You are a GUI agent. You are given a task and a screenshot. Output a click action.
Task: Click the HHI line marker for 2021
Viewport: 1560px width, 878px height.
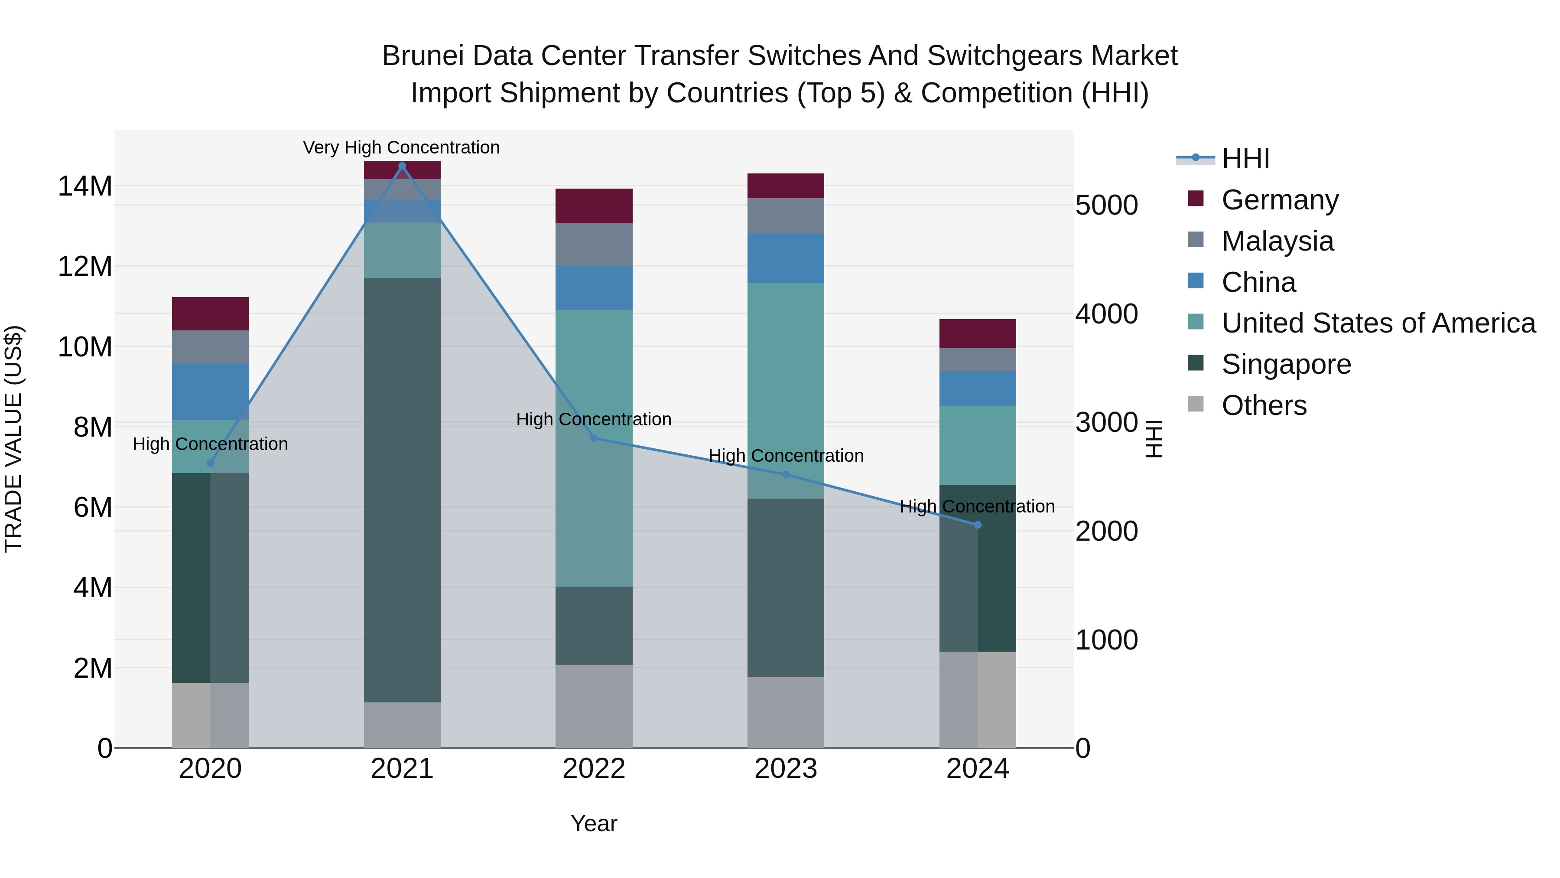pyautogui.click(x=402, y=166)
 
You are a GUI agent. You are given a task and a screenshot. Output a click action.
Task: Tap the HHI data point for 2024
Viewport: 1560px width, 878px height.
pyautogui.click(x=978, y=525)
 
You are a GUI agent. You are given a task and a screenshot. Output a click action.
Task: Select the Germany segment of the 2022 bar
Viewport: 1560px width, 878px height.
pyautogui.click(x=594, y=206)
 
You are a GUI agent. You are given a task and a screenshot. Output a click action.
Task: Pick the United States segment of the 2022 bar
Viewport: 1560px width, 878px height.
pyautogui.click(x=594, y=448)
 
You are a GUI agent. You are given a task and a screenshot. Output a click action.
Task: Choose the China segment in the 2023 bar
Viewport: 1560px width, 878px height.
pyautogui.click(x=786, y=259)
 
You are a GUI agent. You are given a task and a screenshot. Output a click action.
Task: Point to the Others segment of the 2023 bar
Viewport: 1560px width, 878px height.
pyautogui.click(x=786, y=712)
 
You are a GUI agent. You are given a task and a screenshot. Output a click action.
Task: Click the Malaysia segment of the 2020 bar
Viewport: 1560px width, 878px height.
pyautogui.click(x=210, y=347)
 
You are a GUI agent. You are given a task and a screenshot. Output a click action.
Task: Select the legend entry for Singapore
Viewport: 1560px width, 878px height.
pyautogui.click(x=1286, y=365)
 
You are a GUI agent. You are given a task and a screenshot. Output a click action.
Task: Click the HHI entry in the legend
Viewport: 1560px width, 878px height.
pyautogui.click(x=1245, y=159)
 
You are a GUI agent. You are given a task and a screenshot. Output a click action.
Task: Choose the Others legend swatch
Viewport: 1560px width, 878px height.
pyautogui.click(x=1196, y=404)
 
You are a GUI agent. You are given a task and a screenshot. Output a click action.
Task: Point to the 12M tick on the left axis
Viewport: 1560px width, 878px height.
pyautogui.click(x=85, y=267)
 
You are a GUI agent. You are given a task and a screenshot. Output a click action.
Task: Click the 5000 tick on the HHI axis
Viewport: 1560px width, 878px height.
pyautogui.click(x=1106, y=206)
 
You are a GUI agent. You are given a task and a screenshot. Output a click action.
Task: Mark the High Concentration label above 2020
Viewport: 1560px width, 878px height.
pyautogui.click(x=210, y=444)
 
